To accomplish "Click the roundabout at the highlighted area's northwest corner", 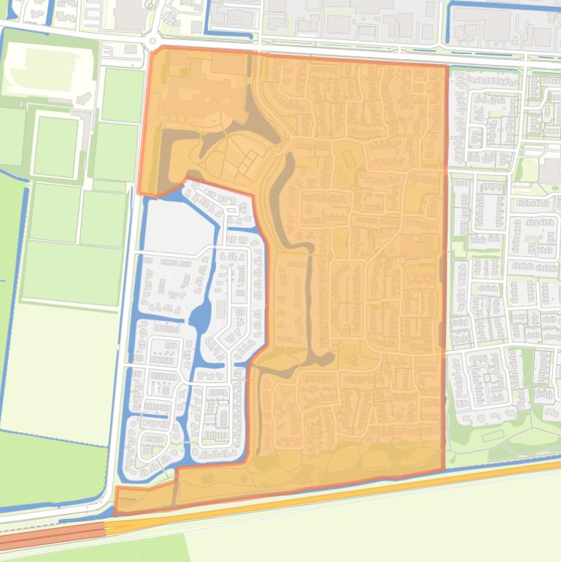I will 152,42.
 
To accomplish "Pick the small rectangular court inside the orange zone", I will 348,156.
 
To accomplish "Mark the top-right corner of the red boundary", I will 446,66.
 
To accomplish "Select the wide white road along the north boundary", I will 328,53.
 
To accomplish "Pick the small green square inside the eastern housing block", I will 485,377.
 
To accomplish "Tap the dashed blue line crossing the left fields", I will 9,175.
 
